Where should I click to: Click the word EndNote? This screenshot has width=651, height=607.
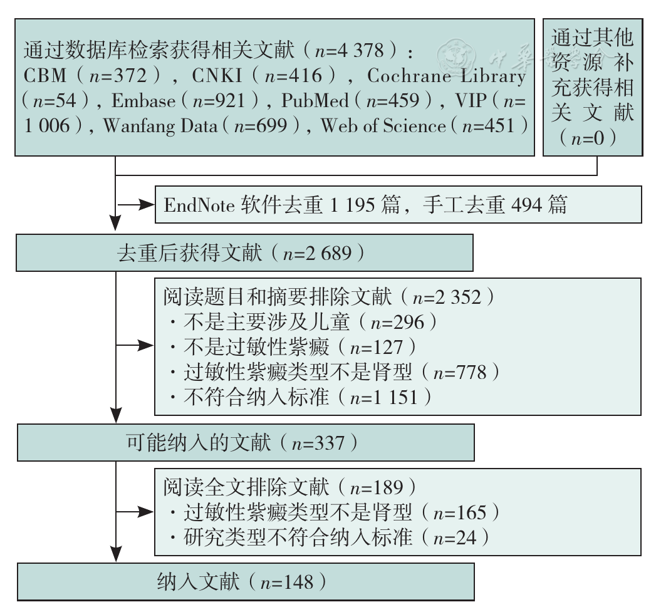point(199,205)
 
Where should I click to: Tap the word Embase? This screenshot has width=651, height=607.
point(143,101)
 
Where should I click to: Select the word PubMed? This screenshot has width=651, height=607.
point(315,101)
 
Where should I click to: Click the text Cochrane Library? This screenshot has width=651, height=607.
point(446,76)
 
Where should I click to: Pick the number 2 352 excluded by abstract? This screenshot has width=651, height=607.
point(458,298)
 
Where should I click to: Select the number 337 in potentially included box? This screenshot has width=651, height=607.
point(330,443)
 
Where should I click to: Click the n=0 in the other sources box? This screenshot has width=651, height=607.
point(588,138)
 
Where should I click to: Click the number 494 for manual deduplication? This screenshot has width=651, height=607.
point(527,205)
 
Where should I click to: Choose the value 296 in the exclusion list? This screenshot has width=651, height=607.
point(409,323)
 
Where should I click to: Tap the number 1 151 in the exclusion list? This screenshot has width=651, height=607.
point(395,397)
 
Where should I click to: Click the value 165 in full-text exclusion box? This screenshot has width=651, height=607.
point(471,513)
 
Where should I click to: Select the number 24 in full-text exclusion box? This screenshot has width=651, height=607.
point(466,538)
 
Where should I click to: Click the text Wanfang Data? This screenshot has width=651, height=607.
point(160,126)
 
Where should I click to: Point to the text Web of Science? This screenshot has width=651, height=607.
point(383,126)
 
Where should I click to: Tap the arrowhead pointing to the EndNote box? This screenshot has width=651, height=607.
point(146,205)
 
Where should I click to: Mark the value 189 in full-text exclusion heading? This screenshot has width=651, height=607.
point(388,487)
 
